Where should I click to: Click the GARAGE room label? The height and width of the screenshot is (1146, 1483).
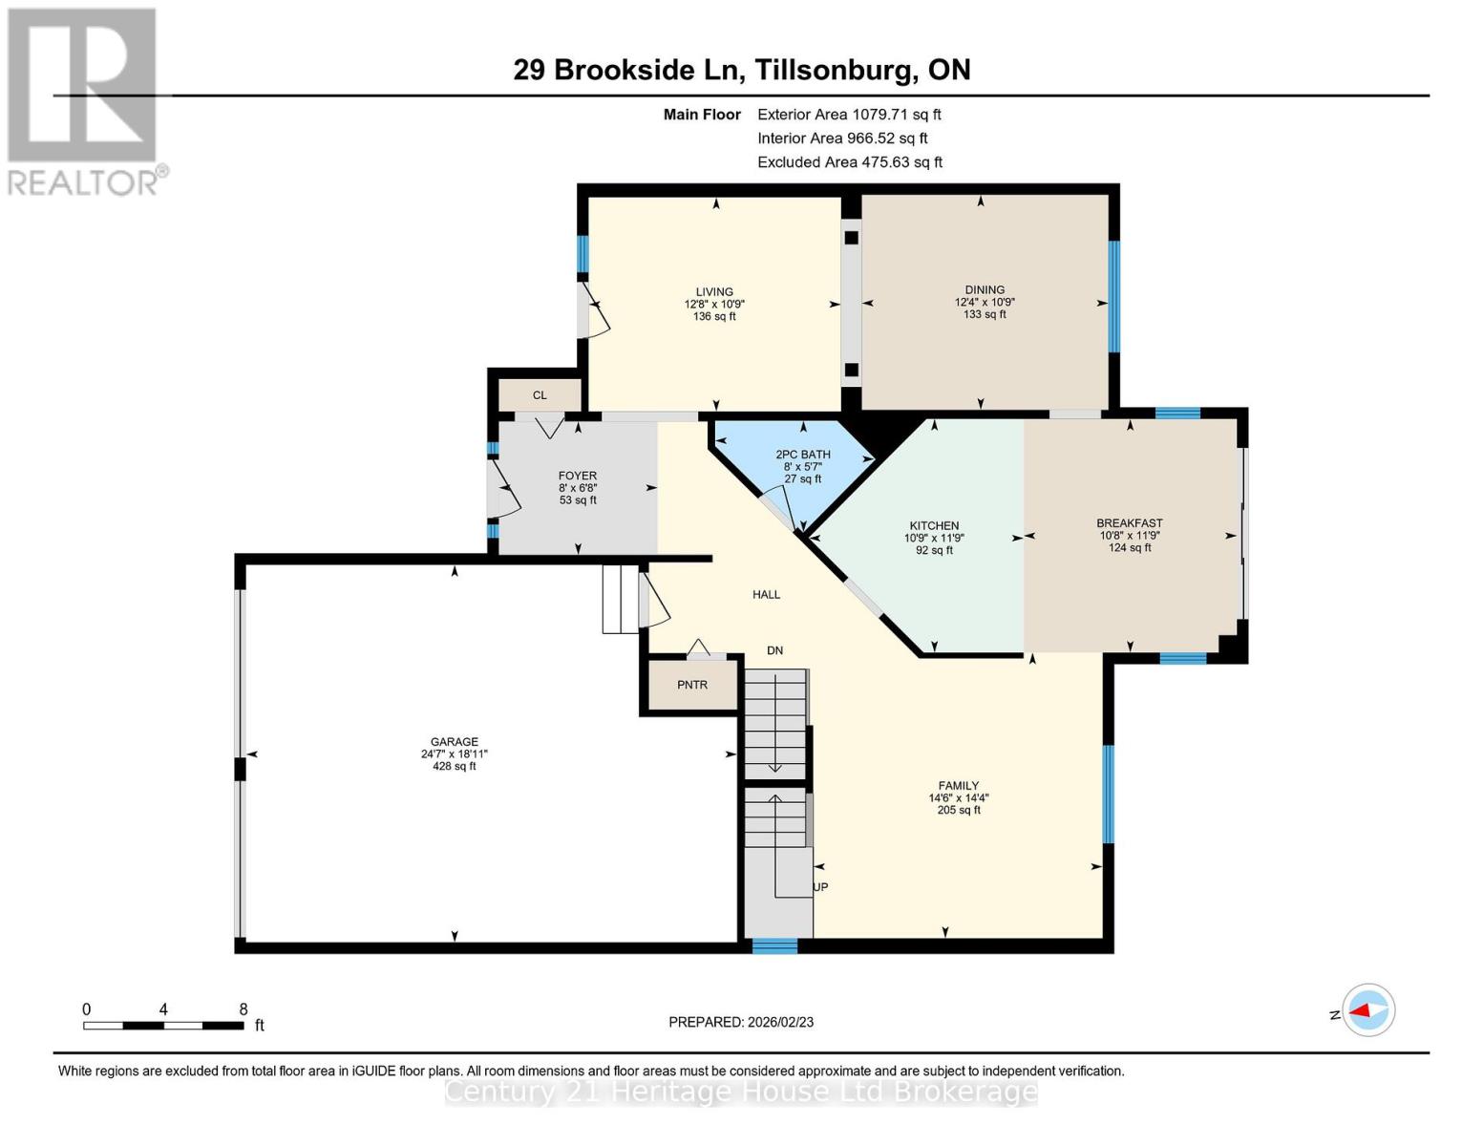[x=454, y=742]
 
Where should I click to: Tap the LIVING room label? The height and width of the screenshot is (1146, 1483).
[x=714, y=292]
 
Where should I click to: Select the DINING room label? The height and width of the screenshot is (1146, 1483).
[x=985, y=290]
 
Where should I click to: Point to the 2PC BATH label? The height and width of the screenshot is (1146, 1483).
[x=802, y=456]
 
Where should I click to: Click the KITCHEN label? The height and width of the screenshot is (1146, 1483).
[x=934, y=526]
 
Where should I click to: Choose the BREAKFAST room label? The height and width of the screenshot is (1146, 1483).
[x=1129, y=523]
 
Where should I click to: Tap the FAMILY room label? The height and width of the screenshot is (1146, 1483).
[x=958, y=786]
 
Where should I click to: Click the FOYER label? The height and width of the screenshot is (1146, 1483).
[x=577, y=476]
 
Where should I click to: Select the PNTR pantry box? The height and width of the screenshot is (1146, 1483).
[x=692, y=685]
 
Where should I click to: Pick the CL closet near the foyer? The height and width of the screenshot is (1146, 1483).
[x=540, y=395]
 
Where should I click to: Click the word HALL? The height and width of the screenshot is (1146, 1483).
[x=766, y=595]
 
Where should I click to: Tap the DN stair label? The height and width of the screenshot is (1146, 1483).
[x=774, y=650]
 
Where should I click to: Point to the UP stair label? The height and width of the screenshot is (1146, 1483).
[x=820, y=887]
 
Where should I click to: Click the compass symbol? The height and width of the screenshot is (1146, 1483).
[x=1368, y=1010]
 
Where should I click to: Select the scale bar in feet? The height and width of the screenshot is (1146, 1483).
[x=163, y=1025]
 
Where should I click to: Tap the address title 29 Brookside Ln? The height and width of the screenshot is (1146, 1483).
[x=741, y=70]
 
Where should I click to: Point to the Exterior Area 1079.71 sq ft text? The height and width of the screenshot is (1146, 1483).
[x=849, y=115]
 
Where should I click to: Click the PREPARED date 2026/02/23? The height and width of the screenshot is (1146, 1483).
[x=741, y=1022]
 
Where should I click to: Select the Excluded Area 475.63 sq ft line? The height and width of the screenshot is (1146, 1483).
[x=850, y=162]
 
